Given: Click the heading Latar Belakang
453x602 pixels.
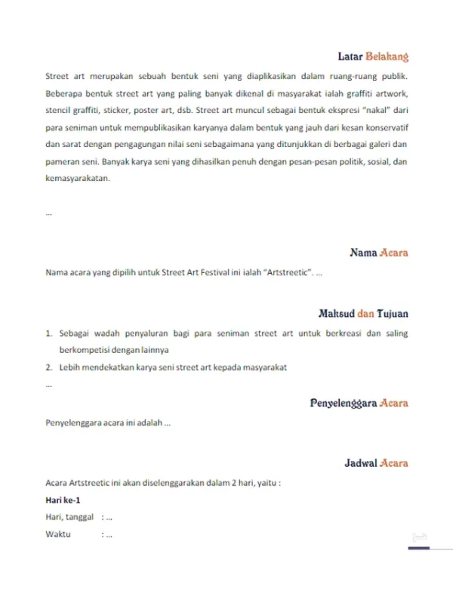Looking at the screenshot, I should pos(373,57).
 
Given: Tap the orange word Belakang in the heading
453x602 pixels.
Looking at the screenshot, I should pos(387,57).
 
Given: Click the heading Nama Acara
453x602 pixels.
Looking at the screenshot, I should pos(379,252).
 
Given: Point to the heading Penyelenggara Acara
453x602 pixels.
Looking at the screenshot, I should pos(359,403).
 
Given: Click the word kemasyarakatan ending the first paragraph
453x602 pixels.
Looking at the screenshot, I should pos(78,179).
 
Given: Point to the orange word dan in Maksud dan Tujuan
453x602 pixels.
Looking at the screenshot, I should pos(365,312).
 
